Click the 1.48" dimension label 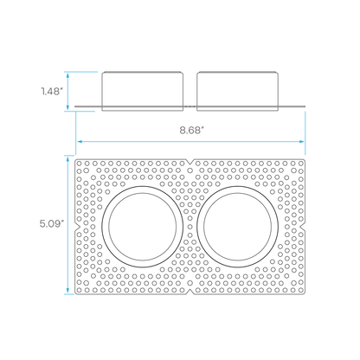(x=52, y=92)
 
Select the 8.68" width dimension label (x=192, y=130)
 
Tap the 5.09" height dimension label (x=52, y=223)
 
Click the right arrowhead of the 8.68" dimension (x=301, y=142)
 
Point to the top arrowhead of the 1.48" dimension (x=67, y=75)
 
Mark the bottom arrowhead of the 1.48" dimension (x=67, y=106)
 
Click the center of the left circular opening (x=143, y=227)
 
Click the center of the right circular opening (x=238, y=227)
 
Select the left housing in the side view (x=143, y=91)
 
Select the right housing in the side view (x=238, y=91)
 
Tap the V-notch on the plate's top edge (x=190, y=161)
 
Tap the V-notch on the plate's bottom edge (x=190, y=292)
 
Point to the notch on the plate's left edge (x=77, y=227)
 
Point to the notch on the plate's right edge (x=303, y=227)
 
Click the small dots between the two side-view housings (x=190, y=106)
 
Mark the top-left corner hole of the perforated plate (x=79, y=164)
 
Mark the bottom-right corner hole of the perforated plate (x=301, y=290)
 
